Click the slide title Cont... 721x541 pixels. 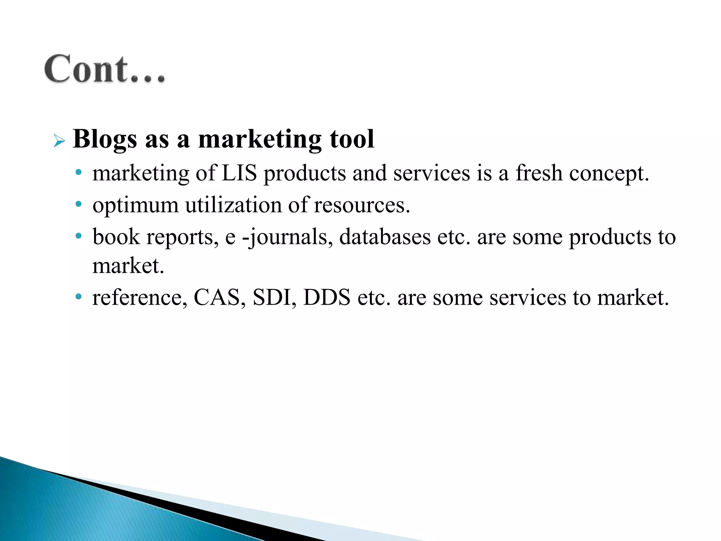coord(105,69)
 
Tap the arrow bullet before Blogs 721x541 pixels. coord(59,141)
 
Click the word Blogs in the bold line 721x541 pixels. coord(105,140)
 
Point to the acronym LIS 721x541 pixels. coord(239,173)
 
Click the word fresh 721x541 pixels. coord(539,173)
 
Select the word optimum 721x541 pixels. coord(136,206)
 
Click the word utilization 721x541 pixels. coord(233,205)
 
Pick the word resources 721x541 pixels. coord(362,206)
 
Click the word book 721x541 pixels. coord(116,236)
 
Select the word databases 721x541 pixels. coord(385,236)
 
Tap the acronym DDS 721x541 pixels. coord(327,298)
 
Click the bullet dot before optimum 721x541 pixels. coord(79,204)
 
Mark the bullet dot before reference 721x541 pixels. coord(79,297)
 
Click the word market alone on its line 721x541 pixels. coord(128,266)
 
